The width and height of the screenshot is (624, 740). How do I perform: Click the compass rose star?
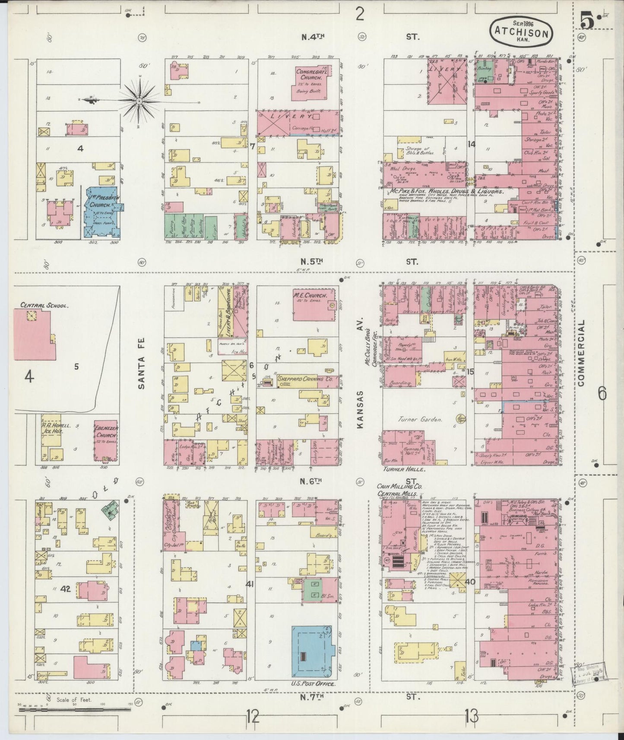click(x=139, y=101)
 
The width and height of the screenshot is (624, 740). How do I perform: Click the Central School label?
click(x=44, y=305)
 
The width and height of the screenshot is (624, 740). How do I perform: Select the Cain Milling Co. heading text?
click(x=400, y=487)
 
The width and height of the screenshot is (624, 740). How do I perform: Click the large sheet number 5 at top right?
click(x=586, y=20)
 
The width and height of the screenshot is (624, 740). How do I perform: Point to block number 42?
click(x=66, y=588)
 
